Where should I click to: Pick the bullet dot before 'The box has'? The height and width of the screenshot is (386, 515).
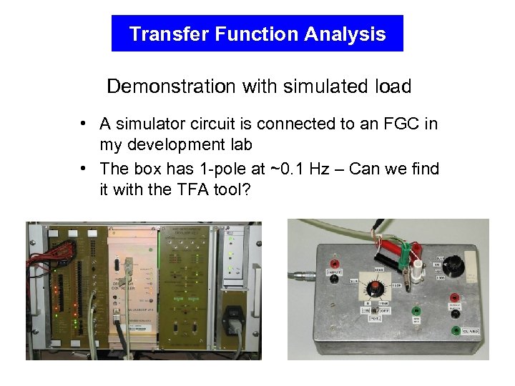click(84, 169)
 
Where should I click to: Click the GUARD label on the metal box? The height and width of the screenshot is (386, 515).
click(469, 332)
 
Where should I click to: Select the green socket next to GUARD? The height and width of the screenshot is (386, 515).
click(455, 331)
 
